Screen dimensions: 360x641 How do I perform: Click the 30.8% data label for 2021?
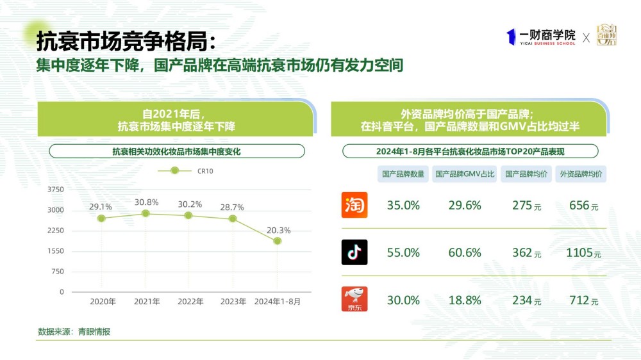146,202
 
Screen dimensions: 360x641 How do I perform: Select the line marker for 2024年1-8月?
277,241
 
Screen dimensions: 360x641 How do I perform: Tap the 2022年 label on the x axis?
190,301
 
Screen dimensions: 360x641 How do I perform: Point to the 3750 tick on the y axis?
56,190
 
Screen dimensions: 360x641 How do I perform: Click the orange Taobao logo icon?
354,205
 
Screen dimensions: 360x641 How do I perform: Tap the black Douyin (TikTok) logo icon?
354,252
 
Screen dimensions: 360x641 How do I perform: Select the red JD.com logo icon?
354,299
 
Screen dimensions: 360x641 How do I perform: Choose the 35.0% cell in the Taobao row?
403,206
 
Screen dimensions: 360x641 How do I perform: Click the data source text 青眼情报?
94,331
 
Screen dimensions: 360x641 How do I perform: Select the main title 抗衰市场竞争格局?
122,42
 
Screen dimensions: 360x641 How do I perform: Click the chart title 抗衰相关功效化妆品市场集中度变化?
177,151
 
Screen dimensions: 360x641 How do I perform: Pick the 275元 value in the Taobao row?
526,206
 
